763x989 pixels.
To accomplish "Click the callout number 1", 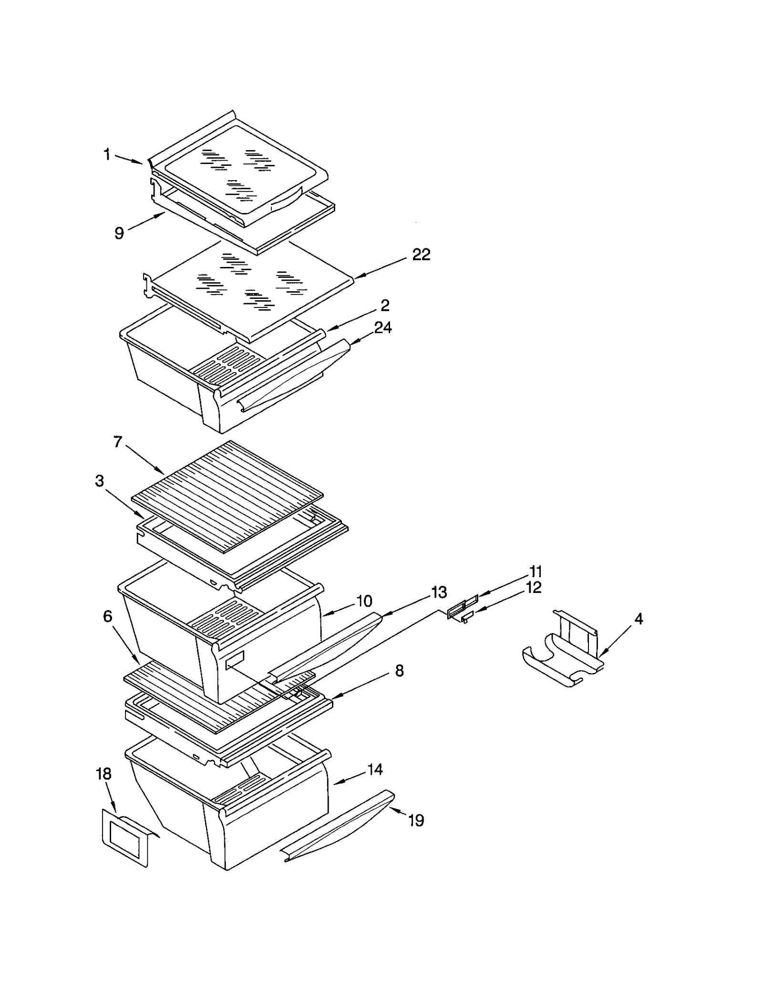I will (x=107, y=154).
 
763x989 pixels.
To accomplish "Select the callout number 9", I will (x=119, y=233).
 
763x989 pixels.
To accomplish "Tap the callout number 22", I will (x=421, y=255).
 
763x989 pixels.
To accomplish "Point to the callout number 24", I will (x=382, y=327).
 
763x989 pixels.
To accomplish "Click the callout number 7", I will (x=118, y=442).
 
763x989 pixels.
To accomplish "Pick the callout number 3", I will (x=99, y=481).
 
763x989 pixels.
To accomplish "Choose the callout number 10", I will (x=364, y=601).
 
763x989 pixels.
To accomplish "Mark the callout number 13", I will (x=439, y=592).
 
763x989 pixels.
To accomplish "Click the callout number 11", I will (x=535, y=571).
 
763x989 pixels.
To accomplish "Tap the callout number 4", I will (x=639, y=619).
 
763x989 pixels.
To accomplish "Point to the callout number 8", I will (x=399, y=671).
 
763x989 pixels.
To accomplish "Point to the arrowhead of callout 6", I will (x=140, y=664).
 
